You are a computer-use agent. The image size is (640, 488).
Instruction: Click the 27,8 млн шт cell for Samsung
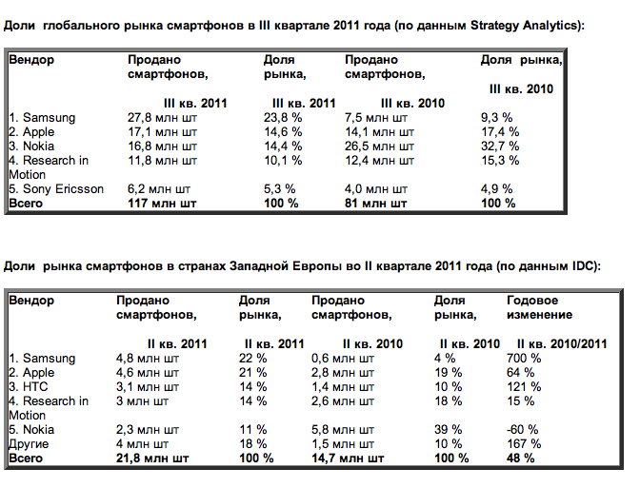coord(162,118)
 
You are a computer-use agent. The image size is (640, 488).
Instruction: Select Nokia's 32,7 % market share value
coord(500,146)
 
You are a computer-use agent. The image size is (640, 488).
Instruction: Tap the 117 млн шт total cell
coord(162,203)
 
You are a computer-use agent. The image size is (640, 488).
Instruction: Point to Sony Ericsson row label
coord(56,189)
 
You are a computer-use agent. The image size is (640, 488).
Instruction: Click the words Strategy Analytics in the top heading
coord(525,26)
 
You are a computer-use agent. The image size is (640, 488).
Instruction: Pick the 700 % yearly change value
coord(524,359)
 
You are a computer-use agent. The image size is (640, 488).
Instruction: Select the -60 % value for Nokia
coord(523,430)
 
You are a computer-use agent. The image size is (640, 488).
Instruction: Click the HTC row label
coord(29,387)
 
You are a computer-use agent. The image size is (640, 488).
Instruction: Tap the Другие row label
coord(29,444)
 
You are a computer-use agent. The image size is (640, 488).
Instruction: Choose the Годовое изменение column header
coord(539,307)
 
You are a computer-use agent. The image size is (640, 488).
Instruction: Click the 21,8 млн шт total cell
coord(152,459)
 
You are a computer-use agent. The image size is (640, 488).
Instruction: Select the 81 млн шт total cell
coord(375,203)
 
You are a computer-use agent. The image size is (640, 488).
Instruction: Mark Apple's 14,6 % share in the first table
coord(283,132)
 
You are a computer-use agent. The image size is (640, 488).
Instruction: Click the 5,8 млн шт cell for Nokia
coord(343,430)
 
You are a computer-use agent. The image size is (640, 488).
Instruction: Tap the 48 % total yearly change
coord(520,459)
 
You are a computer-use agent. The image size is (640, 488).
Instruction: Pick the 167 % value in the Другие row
coord(524,444)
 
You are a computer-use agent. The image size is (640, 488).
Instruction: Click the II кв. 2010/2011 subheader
coord(562,344)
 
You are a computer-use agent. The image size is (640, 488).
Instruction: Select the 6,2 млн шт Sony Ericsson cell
coord(159,189)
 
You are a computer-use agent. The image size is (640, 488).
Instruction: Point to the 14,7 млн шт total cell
coord(348,459)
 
